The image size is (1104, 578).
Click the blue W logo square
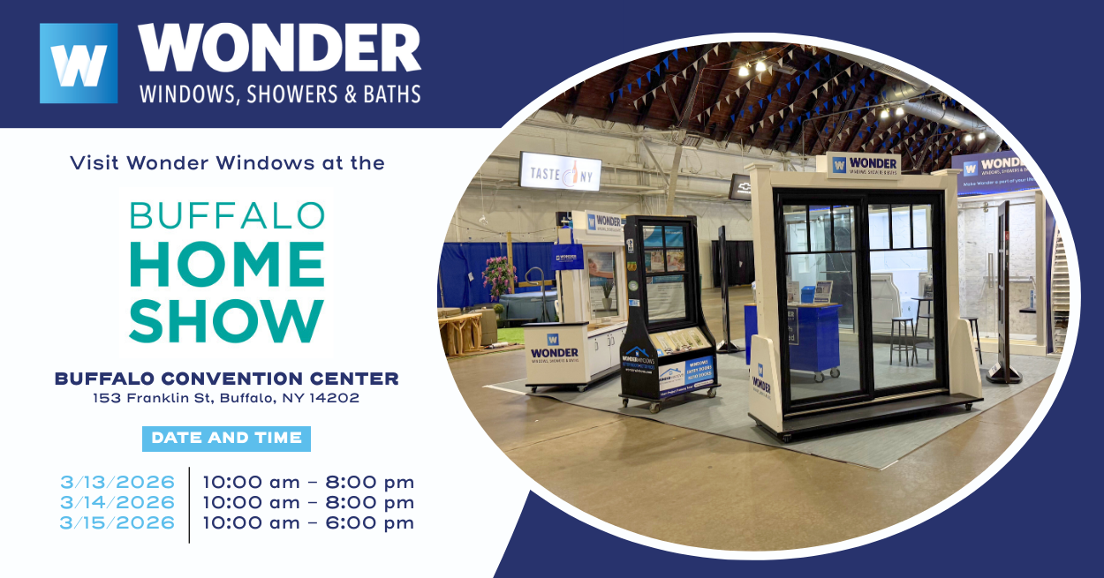tap(79, 64)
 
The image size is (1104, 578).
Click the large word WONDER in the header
tap(279, 49)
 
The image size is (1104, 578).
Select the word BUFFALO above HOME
tap(227, 215)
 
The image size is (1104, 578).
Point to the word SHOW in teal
tap(227, 319)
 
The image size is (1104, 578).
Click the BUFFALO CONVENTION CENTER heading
tap(227, 379)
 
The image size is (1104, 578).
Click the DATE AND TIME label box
tap(226, 438)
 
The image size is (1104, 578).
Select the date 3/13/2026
tap(117, 483)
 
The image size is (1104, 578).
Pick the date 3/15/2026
tap(117, 523)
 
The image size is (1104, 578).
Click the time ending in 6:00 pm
tap(308, 523)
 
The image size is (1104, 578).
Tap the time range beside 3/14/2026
tap(308, 503)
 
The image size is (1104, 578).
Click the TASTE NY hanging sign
tap(560, 171)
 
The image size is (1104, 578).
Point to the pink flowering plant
tap(498, 276)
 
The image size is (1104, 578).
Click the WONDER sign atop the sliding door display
tap(864, 166)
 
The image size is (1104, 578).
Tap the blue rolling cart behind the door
tap(803, 335)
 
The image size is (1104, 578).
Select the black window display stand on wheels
tap(667, 309)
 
